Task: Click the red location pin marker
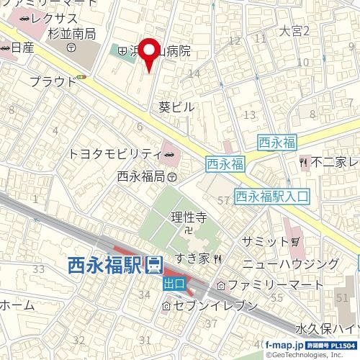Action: coord(148,52)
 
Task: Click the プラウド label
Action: coord(53,81)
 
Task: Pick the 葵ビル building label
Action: coord(177,107)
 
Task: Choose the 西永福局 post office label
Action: coord(142,176)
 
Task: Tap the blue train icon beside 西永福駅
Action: coord(153,265)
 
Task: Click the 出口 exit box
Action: coord(174,284)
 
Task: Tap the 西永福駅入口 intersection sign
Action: coord(272,195)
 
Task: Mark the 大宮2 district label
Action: coord(294,32)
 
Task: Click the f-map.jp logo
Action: coord(283,346)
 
